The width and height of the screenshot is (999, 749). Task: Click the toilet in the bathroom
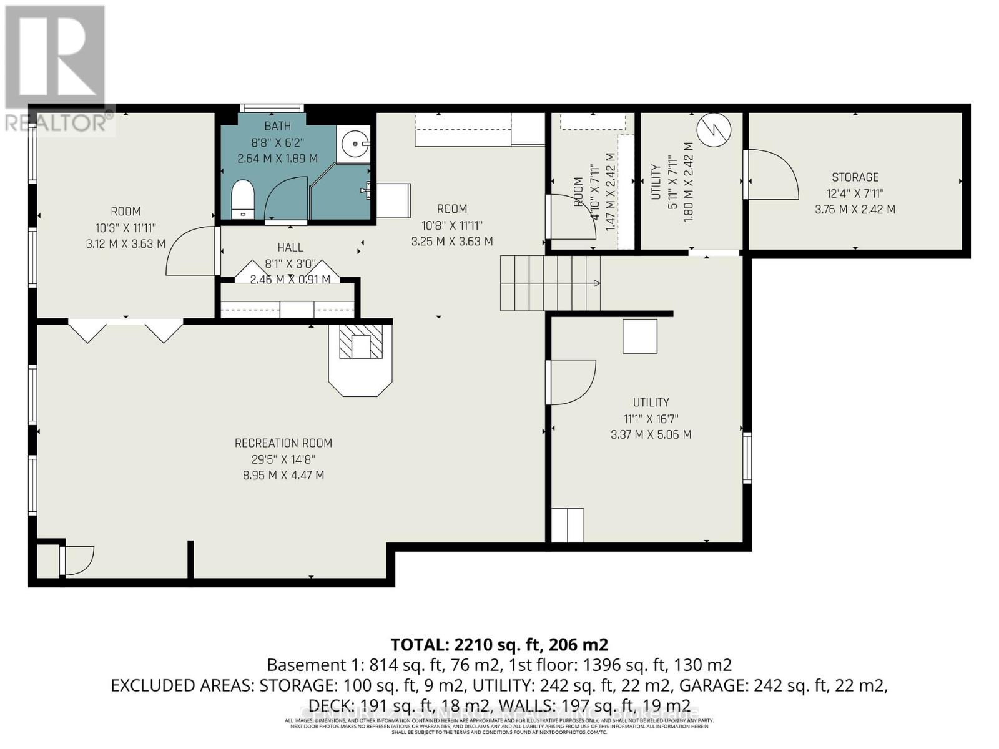pyautogui.click(x=243, y=198)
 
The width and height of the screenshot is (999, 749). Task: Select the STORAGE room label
pyautogui.click(x=855, y=177)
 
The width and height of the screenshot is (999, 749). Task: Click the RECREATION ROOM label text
pyautogui.click(x=283, y=443)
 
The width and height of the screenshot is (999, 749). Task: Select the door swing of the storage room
pyautogui.click(x=773, y=175)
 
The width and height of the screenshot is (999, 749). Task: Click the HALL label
pyautogui.click(x=290, y=248)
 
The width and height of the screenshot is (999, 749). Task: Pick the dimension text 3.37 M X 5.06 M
pyautogui.click(x=651, y=434)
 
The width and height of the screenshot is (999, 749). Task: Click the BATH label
pyautogui.click(x=277, y=126)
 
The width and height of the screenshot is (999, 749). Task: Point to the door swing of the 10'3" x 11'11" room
pyautogui.click(x=190, y=251)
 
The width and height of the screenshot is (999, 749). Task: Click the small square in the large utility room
pyautogui.click(x=639, y=336)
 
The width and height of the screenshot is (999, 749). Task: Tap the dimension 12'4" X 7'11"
pyautogui.click(x=855, y=193)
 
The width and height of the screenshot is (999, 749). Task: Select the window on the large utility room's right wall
pyautogui.click(x=747, y=457)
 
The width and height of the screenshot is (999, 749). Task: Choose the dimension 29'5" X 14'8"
pyautogui.click(x=283, y=459)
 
